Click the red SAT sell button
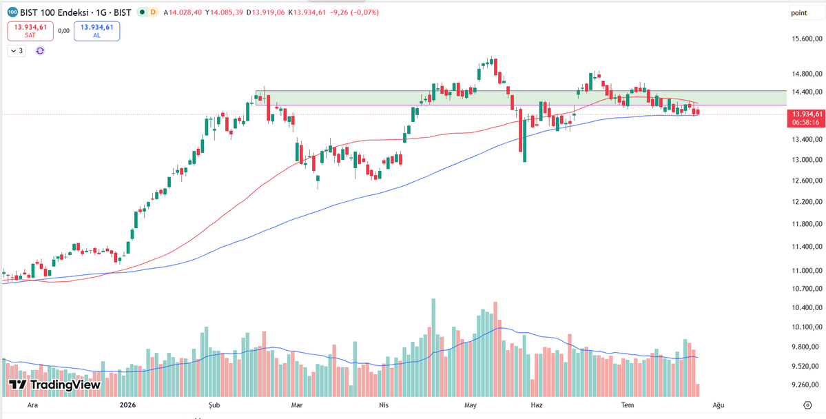[30, 31]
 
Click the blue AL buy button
[97, 31]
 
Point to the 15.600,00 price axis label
[807, 39]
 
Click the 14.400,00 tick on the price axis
[807, 92]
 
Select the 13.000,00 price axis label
[807, 160]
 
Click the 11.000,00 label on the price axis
[807, 271]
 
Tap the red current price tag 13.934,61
[806, 118]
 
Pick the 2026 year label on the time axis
[127, 405]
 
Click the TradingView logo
[54, 385]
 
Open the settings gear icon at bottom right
[807, 405]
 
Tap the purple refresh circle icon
[40, 50]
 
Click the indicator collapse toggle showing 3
[17, 50]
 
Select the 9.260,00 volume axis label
[807, 385]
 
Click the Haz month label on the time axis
[536, 405]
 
